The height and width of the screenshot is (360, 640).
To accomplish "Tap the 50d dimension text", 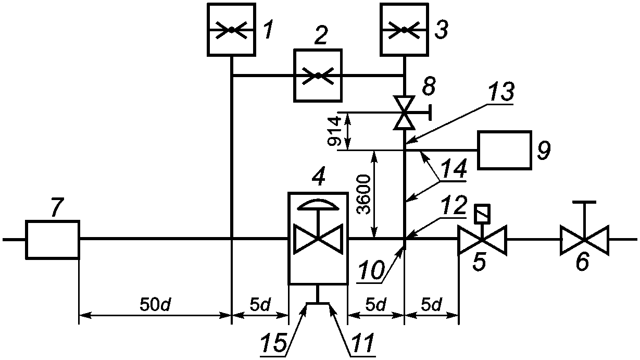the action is coord(155,306).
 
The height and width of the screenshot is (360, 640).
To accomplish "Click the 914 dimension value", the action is coord(334,131).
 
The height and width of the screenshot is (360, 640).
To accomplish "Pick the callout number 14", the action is coord(454,169).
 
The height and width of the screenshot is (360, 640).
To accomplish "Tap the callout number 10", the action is coord(371,270).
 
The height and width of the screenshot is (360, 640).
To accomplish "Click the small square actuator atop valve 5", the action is coord(482,214).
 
